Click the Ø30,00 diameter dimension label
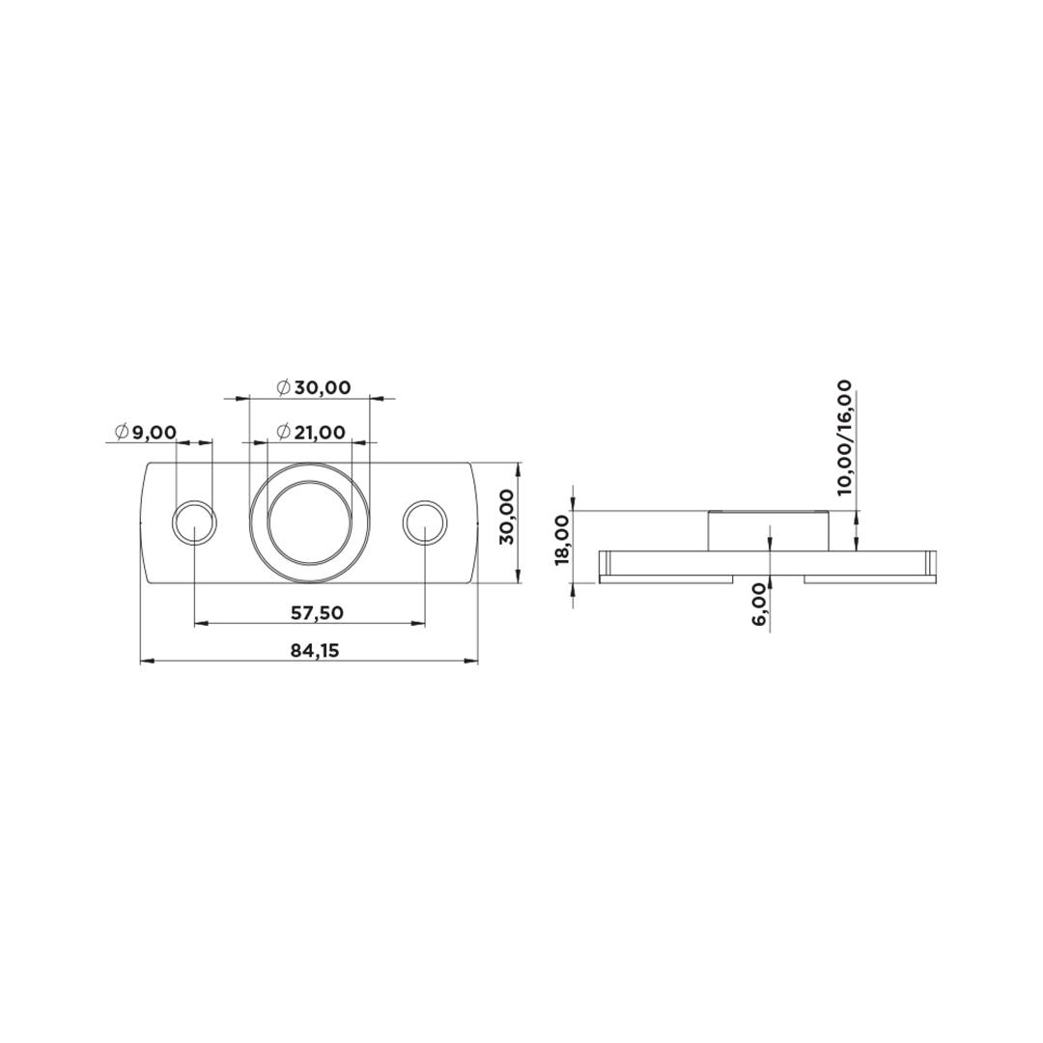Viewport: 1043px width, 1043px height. [313, 387]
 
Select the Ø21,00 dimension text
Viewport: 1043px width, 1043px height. [311, 433]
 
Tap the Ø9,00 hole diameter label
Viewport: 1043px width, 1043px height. [146, 433]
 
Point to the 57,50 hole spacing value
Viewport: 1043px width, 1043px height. [318, 612]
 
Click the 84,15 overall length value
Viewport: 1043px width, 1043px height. [315, 650]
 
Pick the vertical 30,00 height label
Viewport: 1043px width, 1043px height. [506, 516]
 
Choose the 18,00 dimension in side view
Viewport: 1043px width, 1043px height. [562, 539]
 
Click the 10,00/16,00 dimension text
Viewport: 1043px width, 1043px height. [844, 437]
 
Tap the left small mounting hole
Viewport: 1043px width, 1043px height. [194, 521]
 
